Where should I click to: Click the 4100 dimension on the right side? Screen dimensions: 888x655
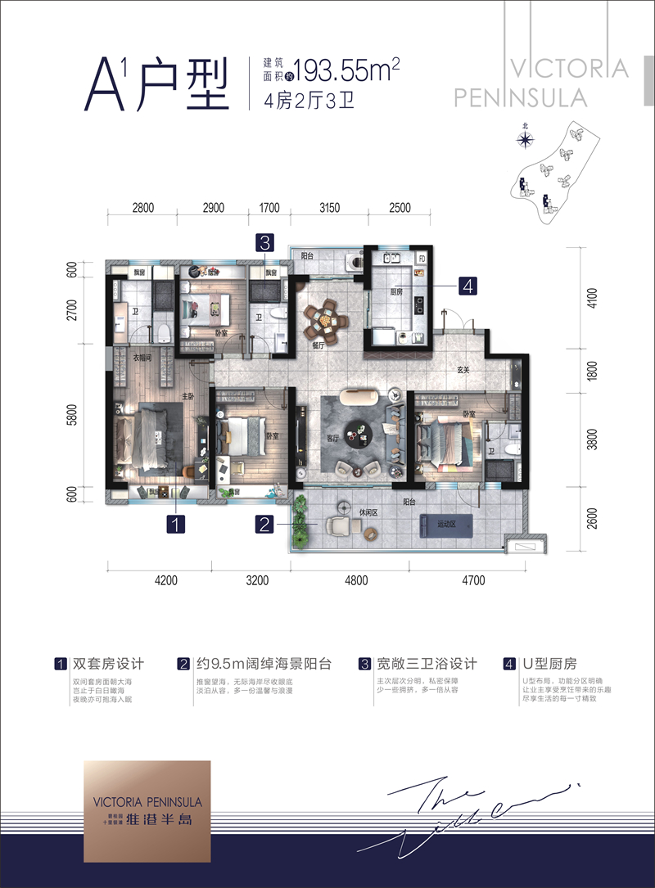[594, 295]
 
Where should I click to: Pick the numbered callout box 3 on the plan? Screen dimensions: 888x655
[264, 242]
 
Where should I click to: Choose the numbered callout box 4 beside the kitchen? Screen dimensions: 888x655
[468, 286]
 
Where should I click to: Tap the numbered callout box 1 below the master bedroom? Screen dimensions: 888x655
[175, 524]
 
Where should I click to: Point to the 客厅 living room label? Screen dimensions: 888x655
[334, 438]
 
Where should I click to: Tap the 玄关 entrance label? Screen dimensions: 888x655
[463, 371]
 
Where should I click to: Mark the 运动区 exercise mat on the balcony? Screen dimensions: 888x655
[446, 525]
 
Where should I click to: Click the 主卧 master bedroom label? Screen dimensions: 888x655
[187, 397]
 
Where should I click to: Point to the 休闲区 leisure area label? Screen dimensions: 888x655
[367, 513]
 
